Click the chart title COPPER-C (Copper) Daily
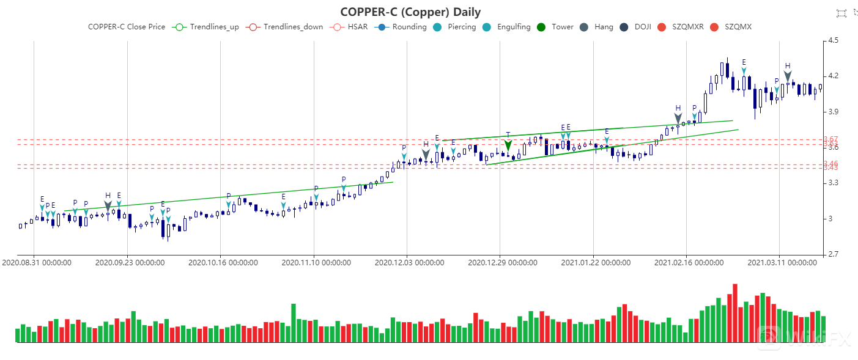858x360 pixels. click(x=410, y=12)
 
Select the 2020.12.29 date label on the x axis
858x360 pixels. click(x=502, y=263)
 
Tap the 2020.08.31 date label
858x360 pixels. click(x=37, y=263)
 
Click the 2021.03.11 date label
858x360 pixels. click(x=782, y=263)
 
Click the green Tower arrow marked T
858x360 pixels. click(x=508, y=145)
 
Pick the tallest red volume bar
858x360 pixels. click(x=735, y=313)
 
